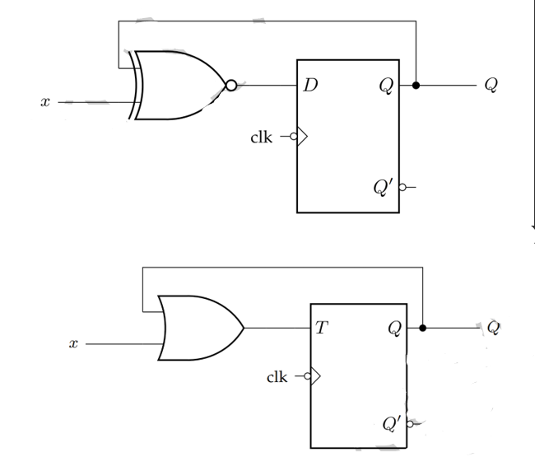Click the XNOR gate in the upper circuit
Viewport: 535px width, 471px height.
(177, 85)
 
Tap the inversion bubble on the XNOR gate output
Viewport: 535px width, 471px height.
(231, 86)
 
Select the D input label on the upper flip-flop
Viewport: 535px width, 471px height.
(309, 85)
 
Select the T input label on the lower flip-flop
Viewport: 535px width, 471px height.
(322, 328)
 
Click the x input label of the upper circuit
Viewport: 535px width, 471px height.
(45, 102)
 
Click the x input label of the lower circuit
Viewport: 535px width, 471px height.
(73, 343)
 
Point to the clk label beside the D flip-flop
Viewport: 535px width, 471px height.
(261, 137)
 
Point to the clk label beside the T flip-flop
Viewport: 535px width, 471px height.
(277, 377)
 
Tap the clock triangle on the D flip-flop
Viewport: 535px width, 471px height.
(301, 137)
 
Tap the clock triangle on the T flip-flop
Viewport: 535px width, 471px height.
(314, 376)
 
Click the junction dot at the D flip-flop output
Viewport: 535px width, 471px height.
(416, 85)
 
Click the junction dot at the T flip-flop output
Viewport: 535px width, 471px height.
(422, 328)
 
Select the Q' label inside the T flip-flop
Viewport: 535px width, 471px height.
(393, 424)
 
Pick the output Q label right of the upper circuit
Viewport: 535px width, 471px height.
(491, 86)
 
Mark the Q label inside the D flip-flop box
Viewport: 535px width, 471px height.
(385, 86)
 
